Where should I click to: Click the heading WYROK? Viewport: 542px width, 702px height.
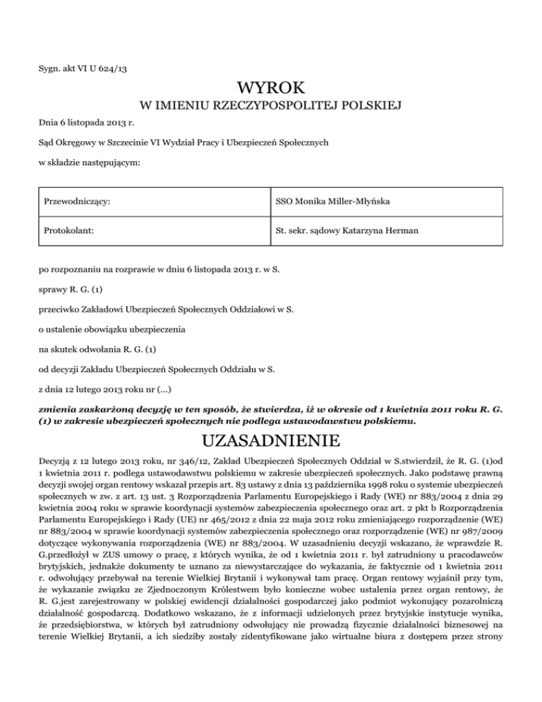click(271, 88)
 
